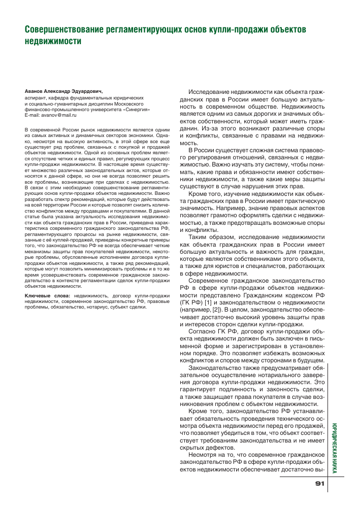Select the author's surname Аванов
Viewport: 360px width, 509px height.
point(37,91)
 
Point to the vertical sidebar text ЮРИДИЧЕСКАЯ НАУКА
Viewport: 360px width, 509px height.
point(335,449)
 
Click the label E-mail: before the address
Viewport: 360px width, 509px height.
point(35,115)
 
